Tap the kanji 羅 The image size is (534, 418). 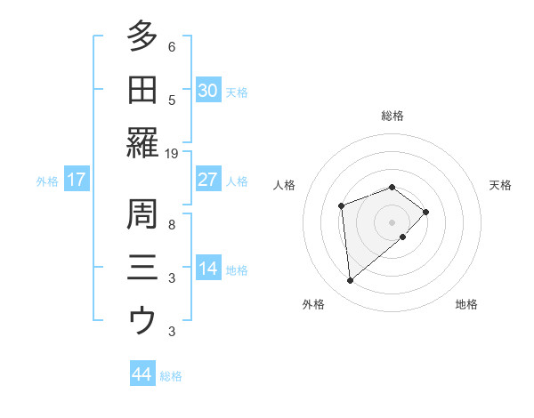tap(142, 142)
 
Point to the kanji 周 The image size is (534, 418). tap(142, 213)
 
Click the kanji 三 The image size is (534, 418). tap(142, 268)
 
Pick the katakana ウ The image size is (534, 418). tap(142, 320)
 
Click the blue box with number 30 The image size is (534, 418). tap(207, 91)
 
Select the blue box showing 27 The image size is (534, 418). tap(207, 180)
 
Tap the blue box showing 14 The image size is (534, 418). tap(207, 269)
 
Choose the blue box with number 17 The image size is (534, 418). tap(77, 180)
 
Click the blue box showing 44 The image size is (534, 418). tap(142, 374)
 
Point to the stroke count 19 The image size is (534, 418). tap(172, 153)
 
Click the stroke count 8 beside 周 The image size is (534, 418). tap(172, 225)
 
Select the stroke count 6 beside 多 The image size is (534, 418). tap(172, 47)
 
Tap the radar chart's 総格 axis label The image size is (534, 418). tap(392, 116)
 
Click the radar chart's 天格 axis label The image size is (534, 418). tap(501, 185)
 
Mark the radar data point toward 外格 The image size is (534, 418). tap(350, 281)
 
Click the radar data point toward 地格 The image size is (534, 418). tap(403, 237)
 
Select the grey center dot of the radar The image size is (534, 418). tap(392, 221)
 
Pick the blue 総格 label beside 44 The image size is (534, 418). tap(171, 376)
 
